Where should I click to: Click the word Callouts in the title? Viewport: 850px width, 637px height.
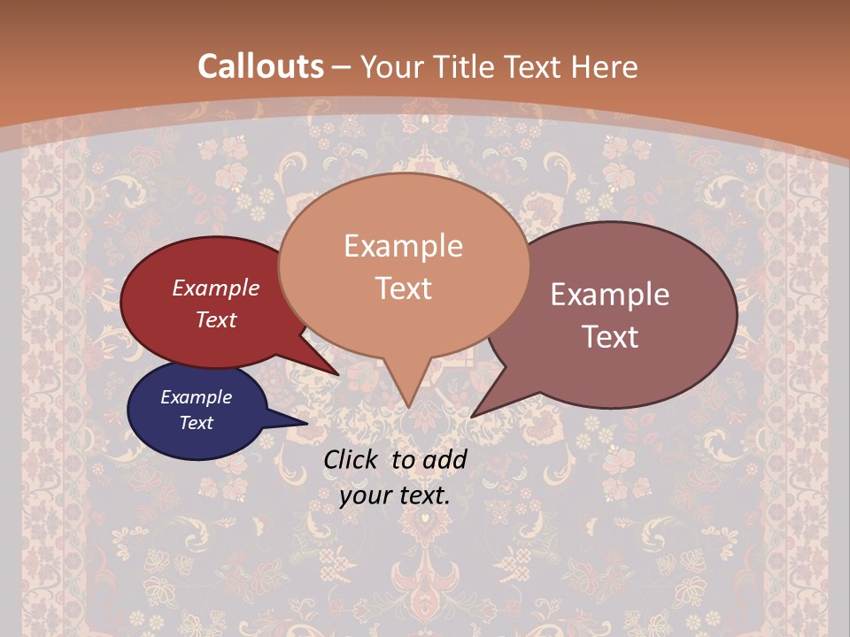[260, 66]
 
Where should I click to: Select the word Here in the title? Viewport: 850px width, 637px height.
[606, 66]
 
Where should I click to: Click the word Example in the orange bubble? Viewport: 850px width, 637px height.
[403, 246]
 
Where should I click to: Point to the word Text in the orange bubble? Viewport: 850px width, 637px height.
[403, 288]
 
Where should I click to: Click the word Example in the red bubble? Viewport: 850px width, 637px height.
[215, 288]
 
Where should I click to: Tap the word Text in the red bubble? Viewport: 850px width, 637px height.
[215, 319]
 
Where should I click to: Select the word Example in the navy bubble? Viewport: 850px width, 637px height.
[196, 397]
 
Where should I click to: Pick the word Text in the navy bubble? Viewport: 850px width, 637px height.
[196, 423]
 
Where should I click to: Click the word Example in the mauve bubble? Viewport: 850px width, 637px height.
[610, 295]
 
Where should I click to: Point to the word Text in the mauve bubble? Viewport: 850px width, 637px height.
[610, 337]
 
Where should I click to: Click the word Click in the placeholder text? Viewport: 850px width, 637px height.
[352, 459]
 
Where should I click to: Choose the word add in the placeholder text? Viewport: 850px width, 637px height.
[445, 459]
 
